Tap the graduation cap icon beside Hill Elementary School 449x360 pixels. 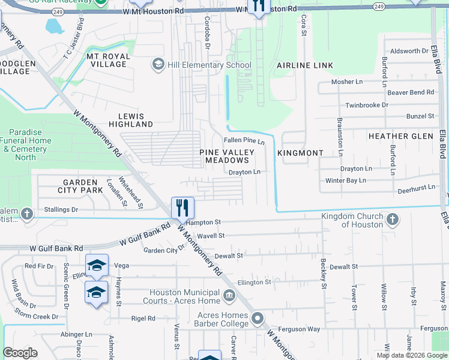point(158,65)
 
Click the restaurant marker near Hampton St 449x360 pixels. point(182,208)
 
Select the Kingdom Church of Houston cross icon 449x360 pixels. point(392,220)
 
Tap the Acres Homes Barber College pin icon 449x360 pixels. point(258,318)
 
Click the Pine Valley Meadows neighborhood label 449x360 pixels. point(224,157)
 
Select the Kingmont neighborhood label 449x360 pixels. point(300,153)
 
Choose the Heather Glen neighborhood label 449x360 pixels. point(400,136)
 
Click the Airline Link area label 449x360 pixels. point(300,65)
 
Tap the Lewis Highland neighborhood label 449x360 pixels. point(131,119)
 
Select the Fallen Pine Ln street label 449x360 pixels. point(244,140)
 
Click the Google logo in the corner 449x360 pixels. point(20,353)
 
